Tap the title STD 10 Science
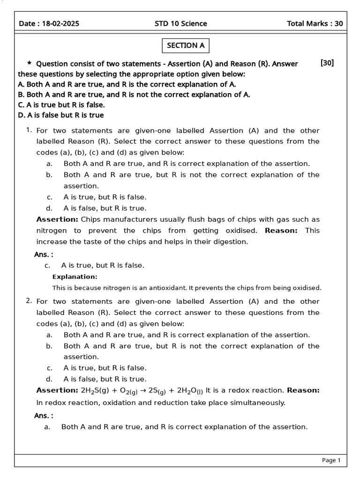[x=180, y=24]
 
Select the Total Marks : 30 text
[x=315, y=24]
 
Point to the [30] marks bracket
[x=327, y=63]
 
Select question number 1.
[x=29, y=130]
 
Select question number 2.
[x=29, y=301]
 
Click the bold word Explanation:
[x=75, y=277]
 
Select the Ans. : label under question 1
[x=44, y=254]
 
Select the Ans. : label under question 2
[x=44, y=415]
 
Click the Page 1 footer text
[x=331, y=460]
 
